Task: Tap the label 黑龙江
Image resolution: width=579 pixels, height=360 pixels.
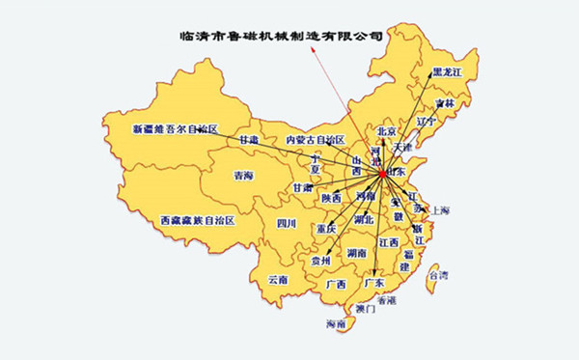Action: (x=448, y=72)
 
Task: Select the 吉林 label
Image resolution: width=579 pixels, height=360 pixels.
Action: (x=444, y=103)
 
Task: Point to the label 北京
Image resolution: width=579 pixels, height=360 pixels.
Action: (x=388, y=131)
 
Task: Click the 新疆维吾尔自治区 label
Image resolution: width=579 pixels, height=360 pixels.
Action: (x=176, y=128)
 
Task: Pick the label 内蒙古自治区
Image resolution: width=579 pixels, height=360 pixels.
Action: (x=315, y=140)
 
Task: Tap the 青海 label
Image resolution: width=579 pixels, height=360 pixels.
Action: (x=243, y=176)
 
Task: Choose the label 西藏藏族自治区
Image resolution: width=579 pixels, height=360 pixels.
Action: (x=197, y=220)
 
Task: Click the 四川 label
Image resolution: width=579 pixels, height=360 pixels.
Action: (x=287, y=224)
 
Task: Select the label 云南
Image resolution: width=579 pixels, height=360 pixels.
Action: (x=278, y=280)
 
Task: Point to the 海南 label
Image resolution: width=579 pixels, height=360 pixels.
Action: (x=336, y=323)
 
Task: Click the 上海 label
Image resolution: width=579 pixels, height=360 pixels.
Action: (x=441, y=210)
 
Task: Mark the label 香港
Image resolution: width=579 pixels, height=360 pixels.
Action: (x=386, y=300)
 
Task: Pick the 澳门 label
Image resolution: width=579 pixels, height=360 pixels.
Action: (x=366, y=309)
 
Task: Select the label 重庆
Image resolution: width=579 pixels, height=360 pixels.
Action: (x=325, y=230)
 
